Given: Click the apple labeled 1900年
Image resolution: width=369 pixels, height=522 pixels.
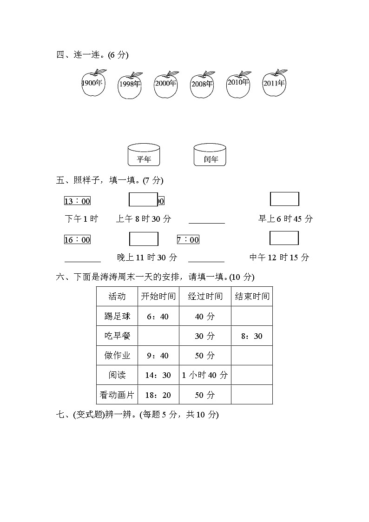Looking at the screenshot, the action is [93, 84].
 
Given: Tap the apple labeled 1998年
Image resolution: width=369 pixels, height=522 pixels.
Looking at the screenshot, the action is [130, 86].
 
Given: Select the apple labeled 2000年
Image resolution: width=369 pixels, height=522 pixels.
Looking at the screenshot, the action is [165, 85].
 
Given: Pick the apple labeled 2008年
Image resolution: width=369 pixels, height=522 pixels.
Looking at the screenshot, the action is [202, 85].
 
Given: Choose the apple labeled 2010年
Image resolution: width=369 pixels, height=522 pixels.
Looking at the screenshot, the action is [238, 84].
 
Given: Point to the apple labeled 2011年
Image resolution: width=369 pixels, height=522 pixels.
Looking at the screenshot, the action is [274, 84].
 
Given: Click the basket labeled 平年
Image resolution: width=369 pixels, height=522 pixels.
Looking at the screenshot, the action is [144, 155].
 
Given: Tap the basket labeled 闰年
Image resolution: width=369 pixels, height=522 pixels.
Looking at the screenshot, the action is [210, 155].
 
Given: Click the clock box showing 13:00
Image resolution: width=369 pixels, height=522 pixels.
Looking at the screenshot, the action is [77, 201].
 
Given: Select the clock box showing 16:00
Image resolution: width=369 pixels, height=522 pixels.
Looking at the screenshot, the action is [77, 240].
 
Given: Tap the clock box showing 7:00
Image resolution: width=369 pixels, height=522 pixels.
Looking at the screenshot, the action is [188, 240].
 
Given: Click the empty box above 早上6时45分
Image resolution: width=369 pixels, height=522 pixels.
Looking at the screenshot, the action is [284, 199].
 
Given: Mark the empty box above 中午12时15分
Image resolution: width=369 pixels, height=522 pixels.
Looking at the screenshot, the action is [284, 238].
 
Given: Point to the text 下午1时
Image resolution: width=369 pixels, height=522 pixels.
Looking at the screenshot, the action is [81, 219].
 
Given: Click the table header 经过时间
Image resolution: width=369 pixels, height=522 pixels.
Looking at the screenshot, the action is [205, 297].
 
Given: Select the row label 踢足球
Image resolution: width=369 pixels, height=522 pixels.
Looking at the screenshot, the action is [117, 317].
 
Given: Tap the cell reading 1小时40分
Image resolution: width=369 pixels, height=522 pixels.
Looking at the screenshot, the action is [205, 375].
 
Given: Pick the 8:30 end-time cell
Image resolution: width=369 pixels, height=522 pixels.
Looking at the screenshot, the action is [251, 336].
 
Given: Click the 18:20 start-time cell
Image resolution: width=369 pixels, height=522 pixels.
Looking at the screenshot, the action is [158, 395].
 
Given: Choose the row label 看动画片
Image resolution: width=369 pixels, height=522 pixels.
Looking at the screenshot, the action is [117, 395].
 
